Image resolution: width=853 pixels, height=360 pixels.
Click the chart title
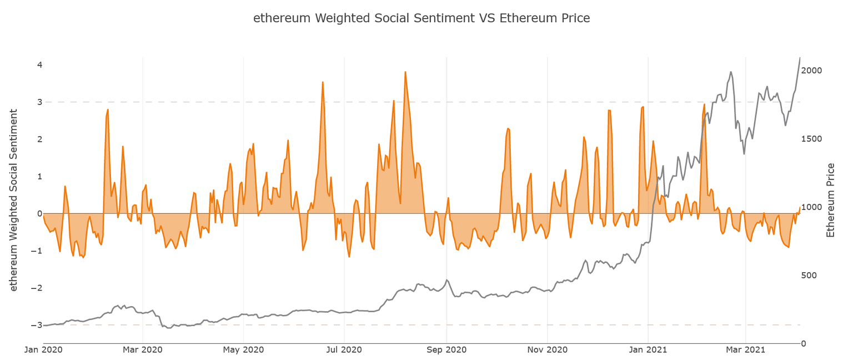click(422, 18)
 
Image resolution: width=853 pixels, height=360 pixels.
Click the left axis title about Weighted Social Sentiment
click(14, 199)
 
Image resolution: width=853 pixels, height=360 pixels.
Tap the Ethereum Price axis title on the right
click(831, 200)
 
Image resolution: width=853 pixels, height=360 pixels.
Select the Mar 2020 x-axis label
click(143, 350)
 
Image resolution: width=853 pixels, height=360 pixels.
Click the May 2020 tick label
click(244, 350)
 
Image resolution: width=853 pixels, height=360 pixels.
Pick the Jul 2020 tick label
click(344, 350)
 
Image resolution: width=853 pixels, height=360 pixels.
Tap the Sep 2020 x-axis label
click(446, 350)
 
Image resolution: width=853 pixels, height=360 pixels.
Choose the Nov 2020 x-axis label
click(548, 350)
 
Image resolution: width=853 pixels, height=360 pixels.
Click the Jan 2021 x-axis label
click(649, 350)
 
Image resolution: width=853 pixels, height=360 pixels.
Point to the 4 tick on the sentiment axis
click(39, 65)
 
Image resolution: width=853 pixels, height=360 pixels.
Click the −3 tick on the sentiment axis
click(37, 325)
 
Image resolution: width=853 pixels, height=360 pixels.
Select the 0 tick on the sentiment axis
click(39, 213)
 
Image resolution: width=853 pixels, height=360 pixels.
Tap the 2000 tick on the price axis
click(814, 71)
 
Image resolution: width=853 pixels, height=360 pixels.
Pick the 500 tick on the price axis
click(811, 276)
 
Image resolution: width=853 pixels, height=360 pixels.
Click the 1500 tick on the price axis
click(814, 139)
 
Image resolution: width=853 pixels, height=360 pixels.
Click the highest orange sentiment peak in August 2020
click(405, 72)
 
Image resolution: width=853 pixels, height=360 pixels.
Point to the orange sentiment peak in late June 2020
click(323, 82)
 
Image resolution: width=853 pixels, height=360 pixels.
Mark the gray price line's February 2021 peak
click(731, 72)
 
